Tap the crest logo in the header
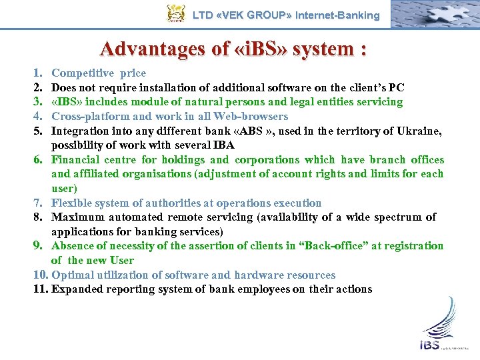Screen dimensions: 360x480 (175, 13)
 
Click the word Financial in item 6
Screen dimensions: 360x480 (75, 159)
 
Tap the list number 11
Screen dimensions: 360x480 (41, 289)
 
